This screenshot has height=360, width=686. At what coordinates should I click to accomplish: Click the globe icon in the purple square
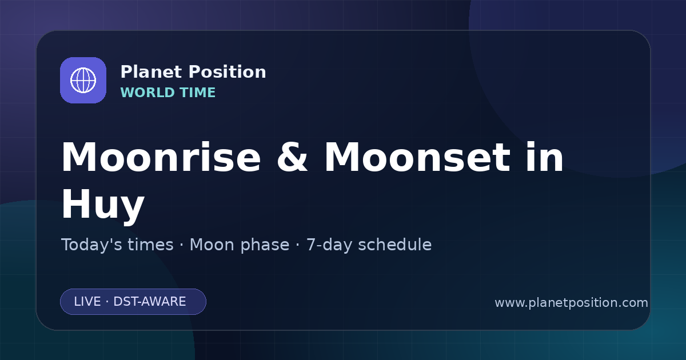(83, 80)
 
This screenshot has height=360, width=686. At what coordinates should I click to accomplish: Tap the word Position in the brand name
(228, 72)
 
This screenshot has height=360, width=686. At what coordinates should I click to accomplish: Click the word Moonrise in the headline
(161, 157)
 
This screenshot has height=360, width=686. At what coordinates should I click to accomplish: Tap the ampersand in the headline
(292, 157)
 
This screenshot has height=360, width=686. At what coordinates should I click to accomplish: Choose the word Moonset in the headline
(417, 157)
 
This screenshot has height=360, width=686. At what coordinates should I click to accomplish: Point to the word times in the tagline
(151, 245)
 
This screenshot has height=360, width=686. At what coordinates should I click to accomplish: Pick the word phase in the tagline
(265, 245)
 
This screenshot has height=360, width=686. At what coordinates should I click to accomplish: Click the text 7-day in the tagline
(329, 245)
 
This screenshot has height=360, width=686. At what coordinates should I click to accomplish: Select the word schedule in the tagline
(395, 245)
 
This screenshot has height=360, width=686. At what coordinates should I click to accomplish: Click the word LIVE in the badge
(87, 302)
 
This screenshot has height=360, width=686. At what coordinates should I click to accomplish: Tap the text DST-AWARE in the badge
(150, 302)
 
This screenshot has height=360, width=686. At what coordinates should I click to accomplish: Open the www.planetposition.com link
(572, 303)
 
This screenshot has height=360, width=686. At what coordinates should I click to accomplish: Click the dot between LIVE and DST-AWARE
(107, 302)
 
